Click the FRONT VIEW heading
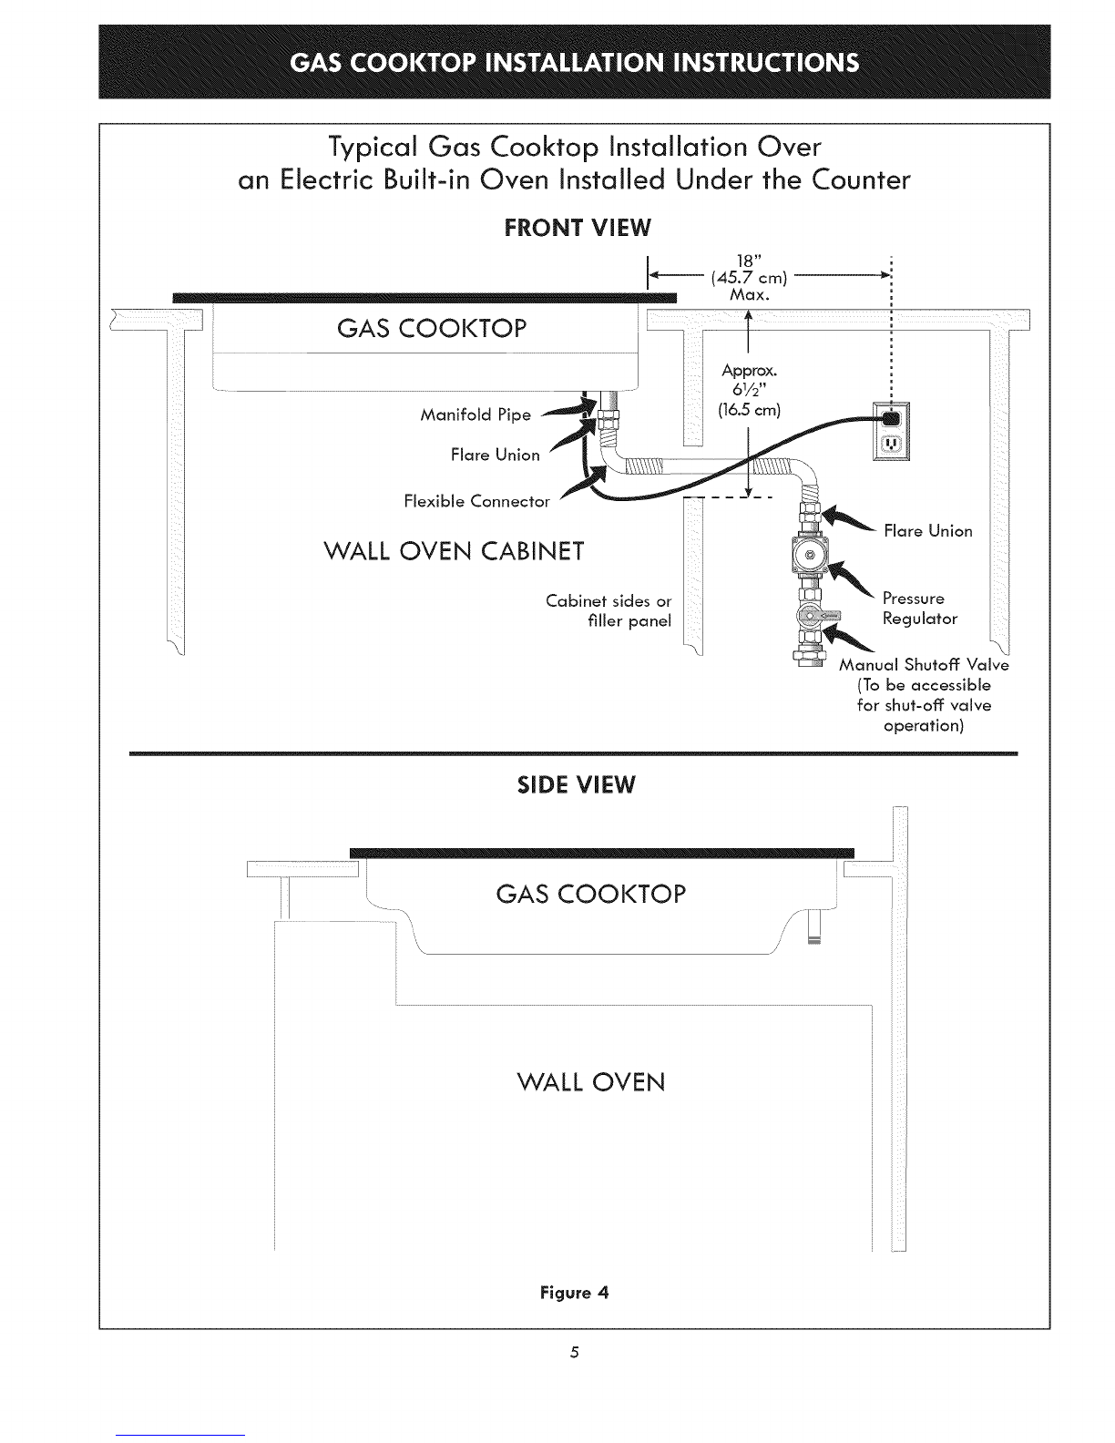[x=578, y=228]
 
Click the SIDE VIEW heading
[x=577, y=785]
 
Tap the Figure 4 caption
[x=575, y=1293]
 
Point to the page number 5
[x=575, y=1352]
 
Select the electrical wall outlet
[x=891, y=431]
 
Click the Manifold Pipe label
[x=476, y=415]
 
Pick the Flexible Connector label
[x=476, y=501]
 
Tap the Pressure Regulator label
[x=920, y=609]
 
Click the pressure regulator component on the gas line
[x=808, y=555]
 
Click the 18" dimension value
[x=749, y=261]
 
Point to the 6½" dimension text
[x=749, y=389]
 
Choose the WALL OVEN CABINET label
[x=454, y=551]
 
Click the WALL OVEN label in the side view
[x=590, y=1082]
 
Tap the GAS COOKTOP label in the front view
[x=432, y=328]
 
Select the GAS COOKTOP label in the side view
[x=590, y=894]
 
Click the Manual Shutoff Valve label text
[x=924, y=665]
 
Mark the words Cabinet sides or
[x=609, y=601]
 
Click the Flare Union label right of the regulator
[x=927, y=530]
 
